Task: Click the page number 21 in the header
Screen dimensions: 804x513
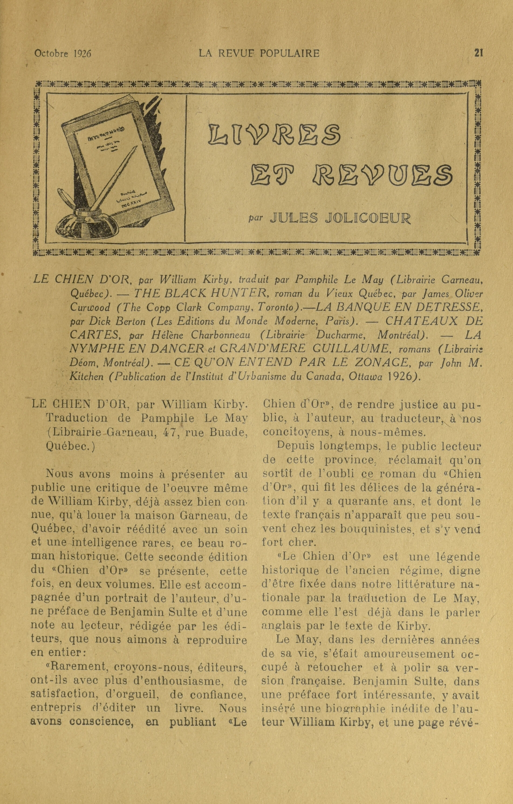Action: point(479,53)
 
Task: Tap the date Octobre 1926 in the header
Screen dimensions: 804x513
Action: point(63,53)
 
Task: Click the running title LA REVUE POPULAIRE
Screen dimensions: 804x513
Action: point(259,53)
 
